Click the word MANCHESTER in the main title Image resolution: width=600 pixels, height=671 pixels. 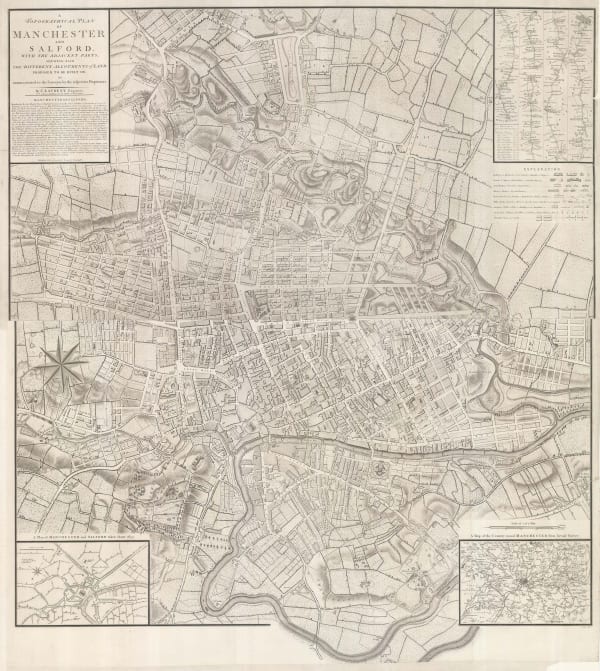click(x=60, y=40)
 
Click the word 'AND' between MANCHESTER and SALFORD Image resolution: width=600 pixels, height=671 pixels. click(x=60, y=51)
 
